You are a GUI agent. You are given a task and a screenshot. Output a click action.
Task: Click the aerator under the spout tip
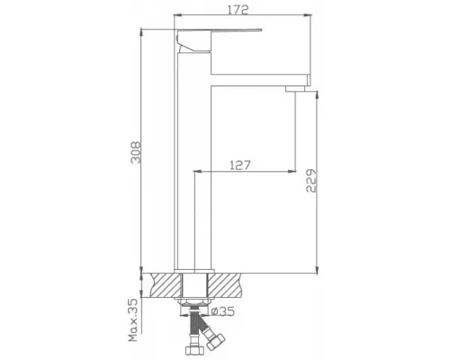click(297, 89)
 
